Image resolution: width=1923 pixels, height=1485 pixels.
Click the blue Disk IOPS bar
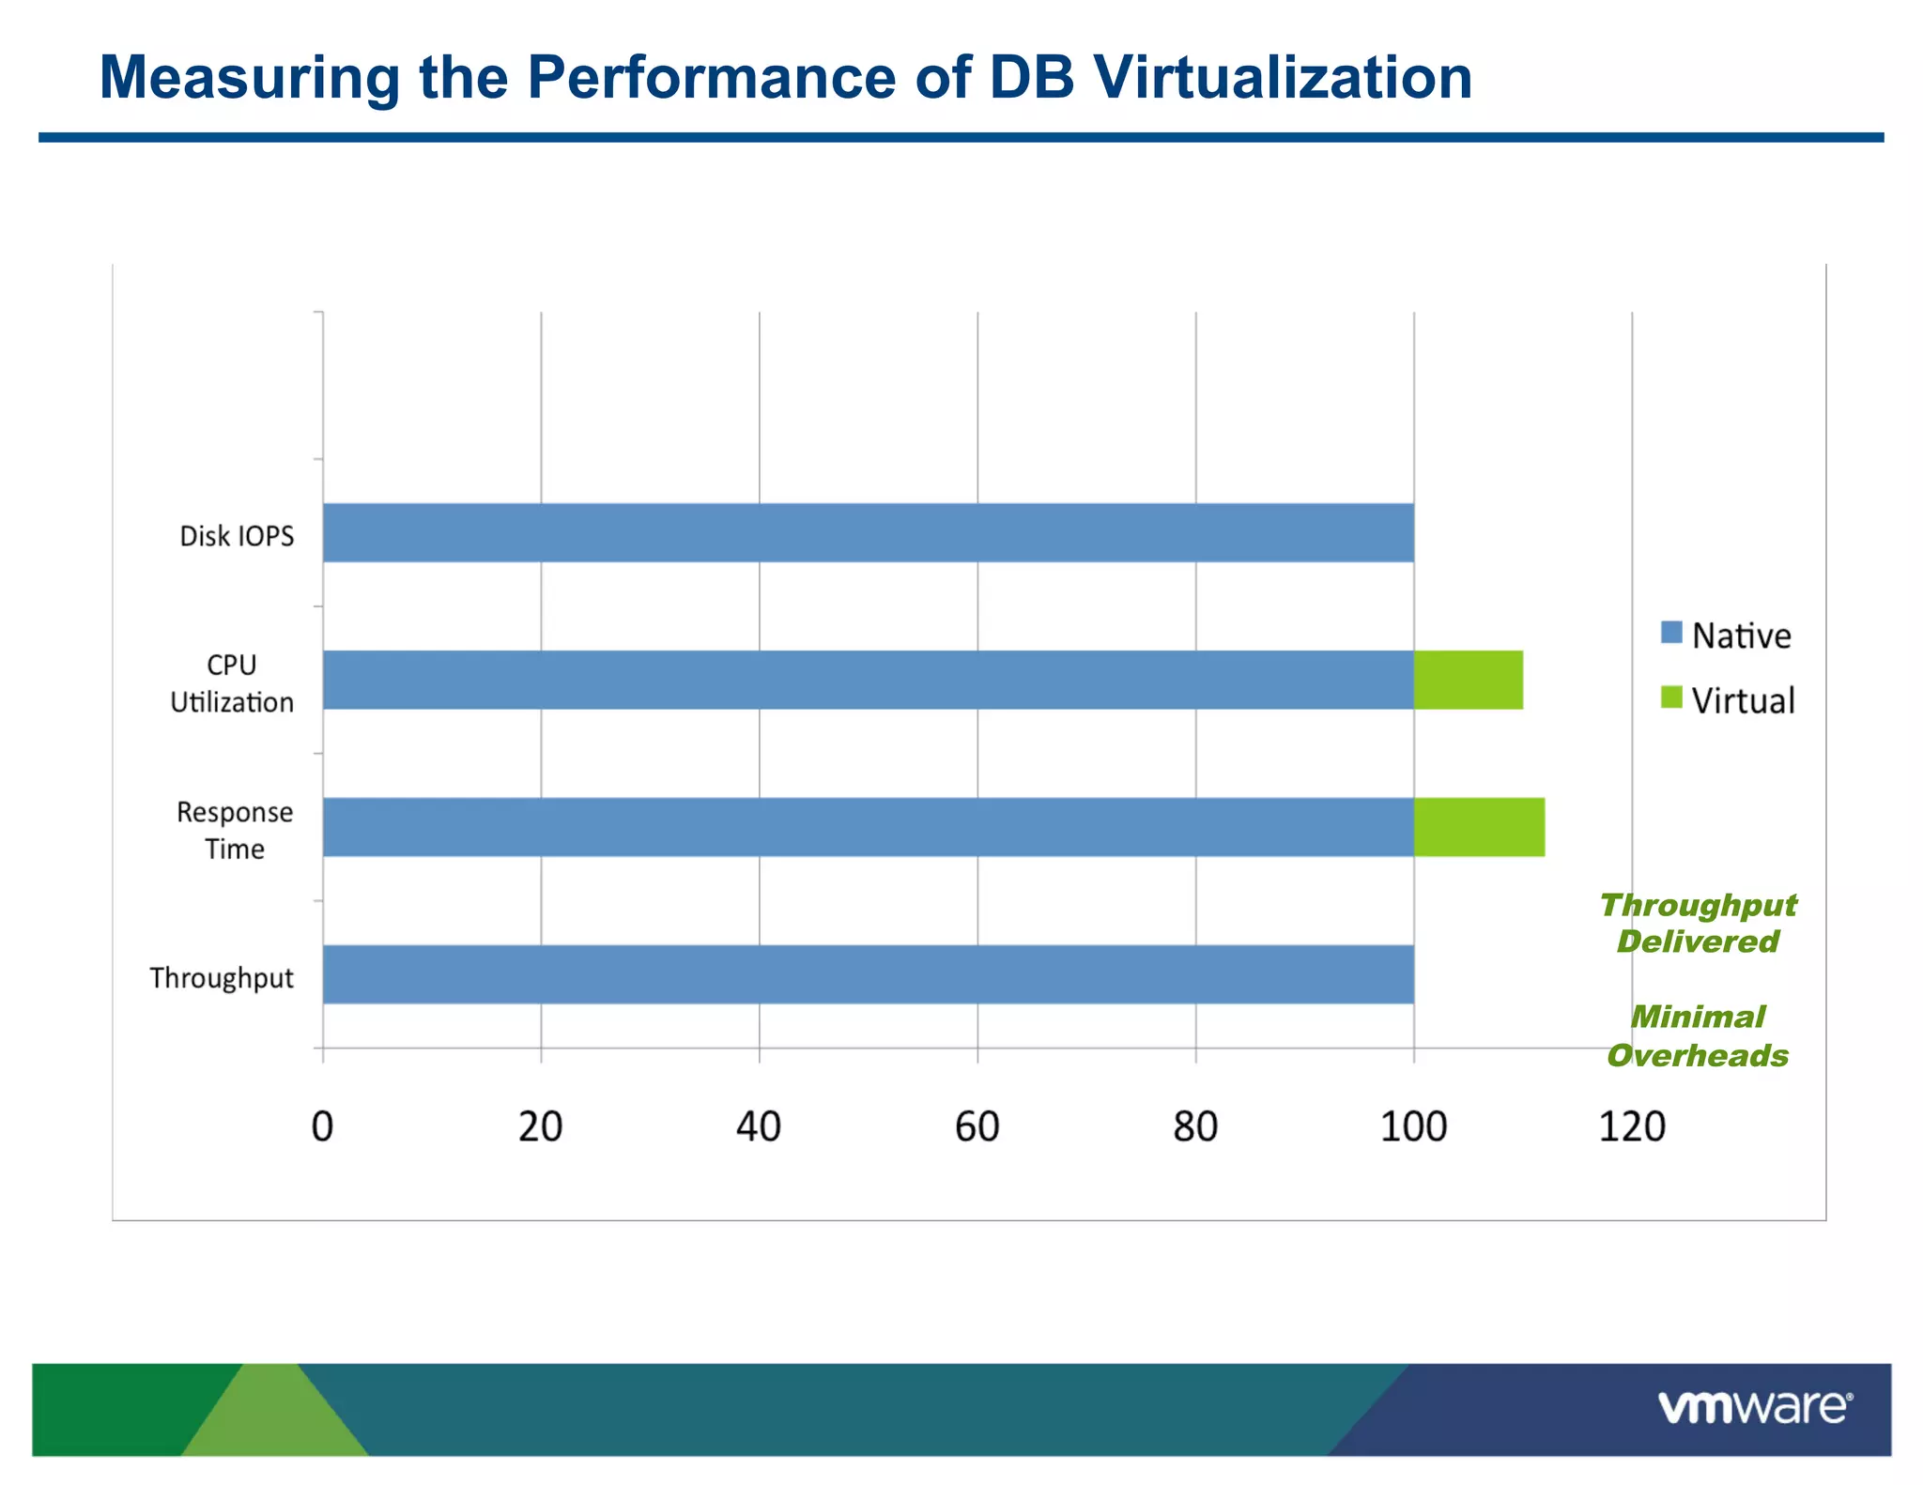[868, 532]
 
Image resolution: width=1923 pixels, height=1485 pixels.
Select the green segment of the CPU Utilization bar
[1468, 680]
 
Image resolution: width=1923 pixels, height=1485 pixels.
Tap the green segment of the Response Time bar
[1479, 827]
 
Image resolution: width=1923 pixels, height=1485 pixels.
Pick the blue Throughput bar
[868, 974]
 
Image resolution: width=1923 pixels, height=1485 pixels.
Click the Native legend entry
[1726, 635]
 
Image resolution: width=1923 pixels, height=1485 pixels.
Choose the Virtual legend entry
[1728, 700]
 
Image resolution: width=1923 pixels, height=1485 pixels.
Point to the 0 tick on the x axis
[322, 1126]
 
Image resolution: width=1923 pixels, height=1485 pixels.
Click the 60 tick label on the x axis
[977, 1126]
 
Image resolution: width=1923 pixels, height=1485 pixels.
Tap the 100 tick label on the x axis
[1413, 1126]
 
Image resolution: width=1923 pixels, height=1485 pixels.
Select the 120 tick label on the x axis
[1632, 1126]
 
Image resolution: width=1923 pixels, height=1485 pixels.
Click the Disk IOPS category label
[237, 536]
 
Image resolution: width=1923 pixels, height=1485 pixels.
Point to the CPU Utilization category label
[232, 683]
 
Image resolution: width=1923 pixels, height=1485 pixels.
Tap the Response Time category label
[235, 830]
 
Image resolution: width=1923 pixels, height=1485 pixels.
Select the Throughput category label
[222, 978]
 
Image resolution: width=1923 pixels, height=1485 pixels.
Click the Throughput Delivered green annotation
[1698, 923]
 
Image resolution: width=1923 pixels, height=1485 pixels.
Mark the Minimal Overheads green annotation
[1698, 1036]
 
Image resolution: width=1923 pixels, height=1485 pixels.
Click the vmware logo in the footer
[1754, 1407]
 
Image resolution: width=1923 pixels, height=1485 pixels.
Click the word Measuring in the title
[250, 77]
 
